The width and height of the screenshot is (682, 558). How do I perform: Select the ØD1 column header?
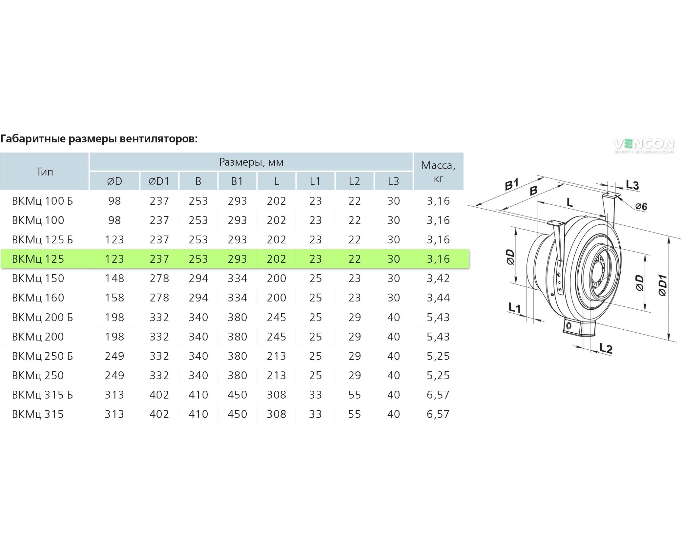pyautogui.click(x=159, y=181)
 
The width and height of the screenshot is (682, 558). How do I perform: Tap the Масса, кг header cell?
pyautogui.click(x=438, y=171)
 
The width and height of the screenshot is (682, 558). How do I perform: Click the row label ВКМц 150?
pyautogui.click(x=38, y=278)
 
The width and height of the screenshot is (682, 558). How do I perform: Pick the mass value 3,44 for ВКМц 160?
pyautogui.click(x=438, y=298)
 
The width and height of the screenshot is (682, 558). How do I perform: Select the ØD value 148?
pyautogui.click(x=114, y=278)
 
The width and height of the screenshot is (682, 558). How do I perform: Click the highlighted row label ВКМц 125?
pyautogui.click(x=38, y=259)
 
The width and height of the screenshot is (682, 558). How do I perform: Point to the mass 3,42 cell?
pyautogui.click(x=438, y=278)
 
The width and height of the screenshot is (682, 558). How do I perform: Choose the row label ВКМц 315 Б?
pyautogui.click(x=42, y=395)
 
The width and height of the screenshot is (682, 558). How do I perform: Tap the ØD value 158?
pyautogui.click(x=114, y=298)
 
